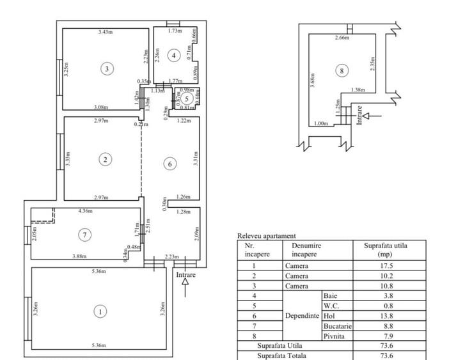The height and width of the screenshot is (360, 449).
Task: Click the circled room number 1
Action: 100,311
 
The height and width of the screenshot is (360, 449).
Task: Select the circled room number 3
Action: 107,68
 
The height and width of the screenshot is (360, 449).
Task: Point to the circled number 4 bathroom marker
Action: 173,56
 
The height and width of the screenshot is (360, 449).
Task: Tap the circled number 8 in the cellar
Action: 342,70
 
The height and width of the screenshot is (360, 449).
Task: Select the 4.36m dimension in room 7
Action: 85,211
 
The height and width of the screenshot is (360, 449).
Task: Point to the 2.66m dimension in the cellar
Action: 342,38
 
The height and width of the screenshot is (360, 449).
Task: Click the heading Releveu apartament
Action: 267,236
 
